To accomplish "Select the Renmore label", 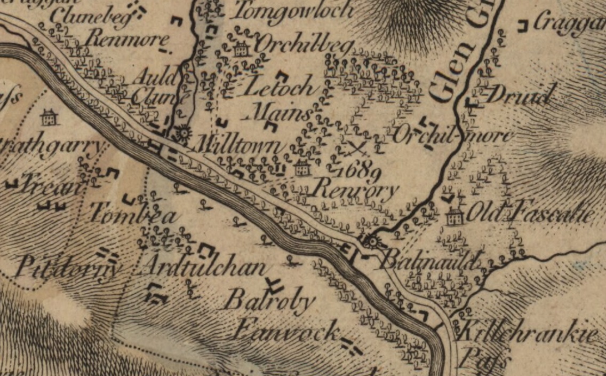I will pos(128,38).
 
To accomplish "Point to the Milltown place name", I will pos(238,146).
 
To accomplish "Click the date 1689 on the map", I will pos(359,171).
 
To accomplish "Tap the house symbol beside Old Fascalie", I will pos(454,216).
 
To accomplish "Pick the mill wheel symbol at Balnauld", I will pos(371,242).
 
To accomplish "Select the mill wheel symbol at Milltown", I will pos(184,131).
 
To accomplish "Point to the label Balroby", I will pos(269,302).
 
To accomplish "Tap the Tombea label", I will pos(132,215).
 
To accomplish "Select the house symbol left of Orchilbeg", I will pos(241,50).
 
